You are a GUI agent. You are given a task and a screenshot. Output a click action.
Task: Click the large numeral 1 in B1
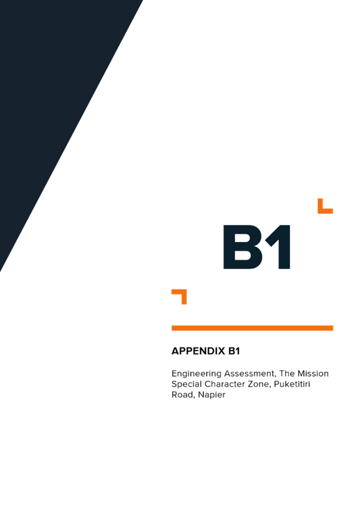pyautogui.click(x=279, y=247)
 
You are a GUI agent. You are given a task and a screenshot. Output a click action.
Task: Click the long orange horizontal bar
pyautogui.click(x=253, y=328)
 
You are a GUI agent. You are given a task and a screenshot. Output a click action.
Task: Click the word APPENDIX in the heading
pyautogui.click(x=198, y=351)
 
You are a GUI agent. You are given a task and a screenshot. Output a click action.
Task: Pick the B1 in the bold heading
pyautogui.click(x=234, y=351)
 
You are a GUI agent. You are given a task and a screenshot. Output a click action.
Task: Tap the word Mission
pyautogui.click(x=313, y=374)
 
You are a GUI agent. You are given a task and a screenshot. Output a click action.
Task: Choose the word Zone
pyautogui.click(x=261, y=385)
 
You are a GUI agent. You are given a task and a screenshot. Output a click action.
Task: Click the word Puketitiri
pyautogui.click(x=292, y=384)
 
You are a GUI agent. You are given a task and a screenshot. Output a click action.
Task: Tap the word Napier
pyautogui.click(x=212, y=395)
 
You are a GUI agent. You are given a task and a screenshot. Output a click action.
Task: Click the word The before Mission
pyautogui.click(x=287, y=374)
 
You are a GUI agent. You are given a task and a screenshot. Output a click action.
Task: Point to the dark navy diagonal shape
pyautogui.click(x=50, y=100)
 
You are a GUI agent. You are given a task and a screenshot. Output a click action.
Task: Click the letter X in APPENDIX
pyautogui.click(x=221, y=351)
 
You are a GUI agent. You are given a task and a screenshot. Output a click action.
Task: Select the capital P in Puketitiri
pyautogui.click(x=277, y=384)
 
